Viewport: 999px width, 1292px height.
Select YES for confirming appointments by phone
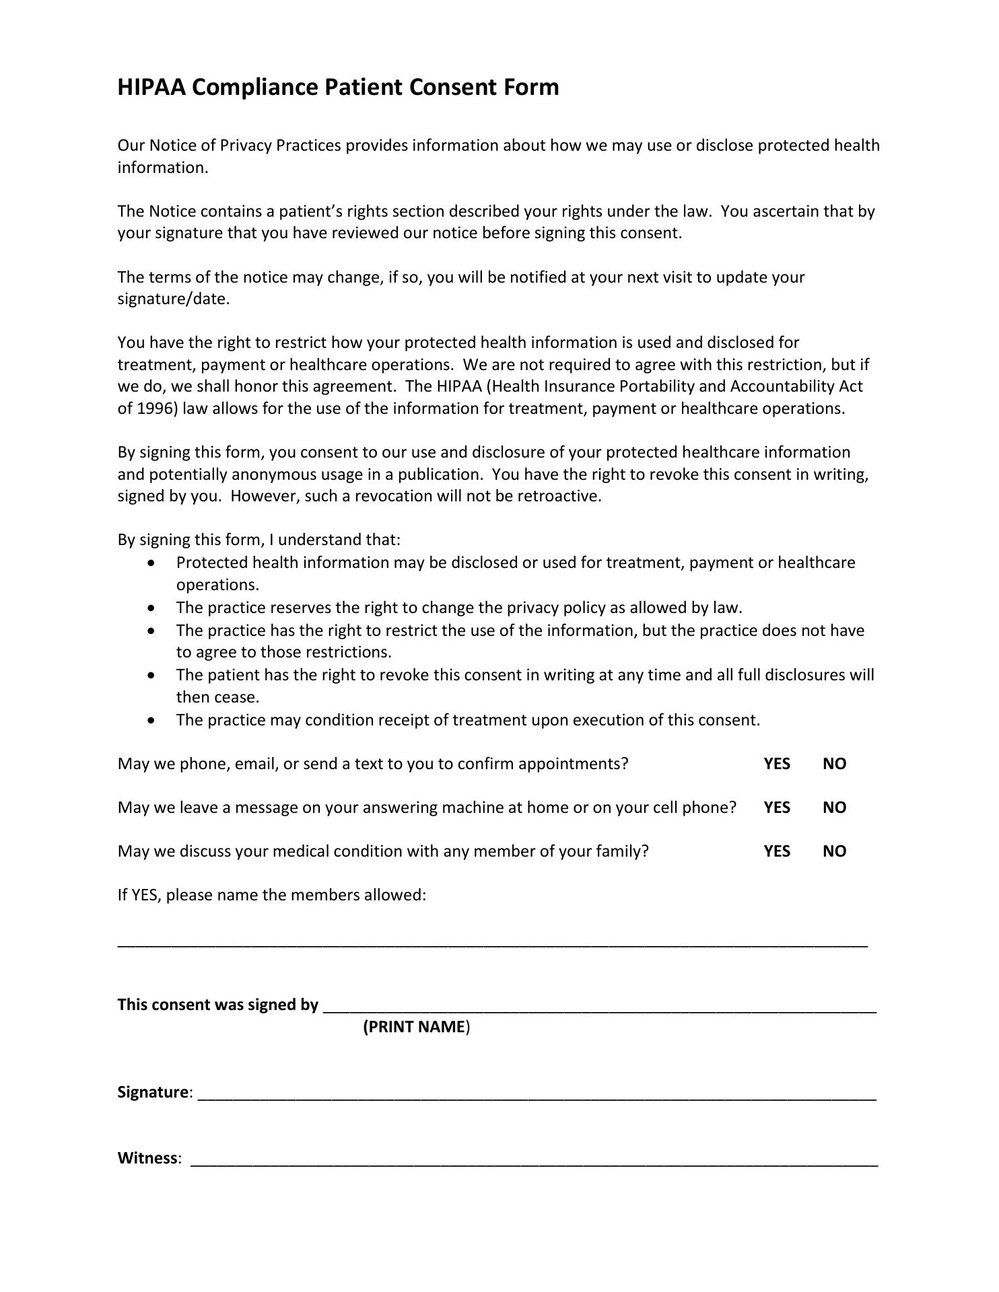777,764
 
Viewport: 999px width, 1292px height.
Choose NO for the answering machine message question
834,808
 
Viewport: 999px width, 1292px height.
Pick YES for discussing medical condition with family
777,851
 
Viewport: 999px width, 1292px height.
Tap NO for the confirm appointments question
834,764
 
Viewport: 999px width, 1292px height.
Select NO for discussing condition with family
834,851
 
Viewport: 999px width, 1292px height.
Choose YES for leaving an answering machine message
777,808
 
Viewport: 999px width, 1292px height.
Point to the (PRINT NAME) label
416,1027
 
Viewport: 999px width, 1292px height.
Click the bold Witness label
147,1158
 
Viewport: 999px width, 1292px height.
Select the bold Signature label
153,1092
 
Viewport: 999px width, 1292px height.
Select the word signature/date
173,299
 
